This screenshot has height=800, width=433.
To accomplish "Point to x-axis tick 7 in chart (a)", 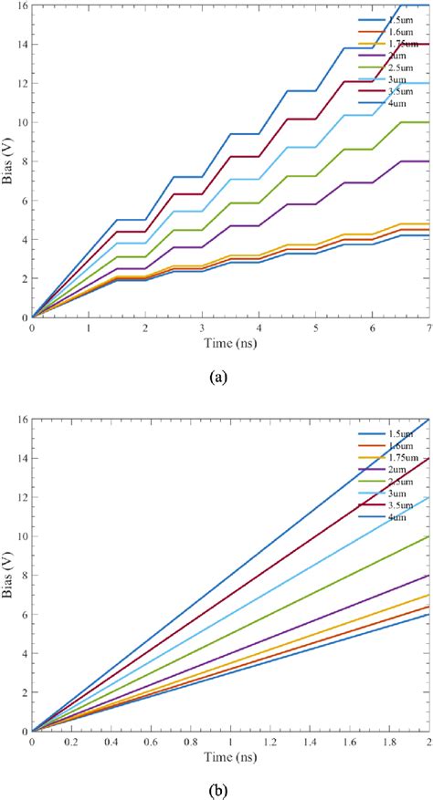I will pos(428,327).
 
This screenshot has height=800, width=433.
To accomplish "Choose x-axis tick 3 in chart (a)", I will pos(202,327).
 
